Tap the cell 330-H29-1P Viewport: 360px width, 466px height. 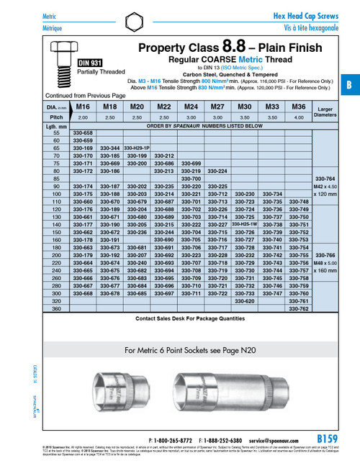136,148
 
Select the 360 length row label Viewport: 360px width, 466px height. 55,308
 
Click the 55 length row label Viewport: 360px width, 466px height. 55,133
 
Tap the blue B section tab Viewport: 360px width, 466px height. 351,84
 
